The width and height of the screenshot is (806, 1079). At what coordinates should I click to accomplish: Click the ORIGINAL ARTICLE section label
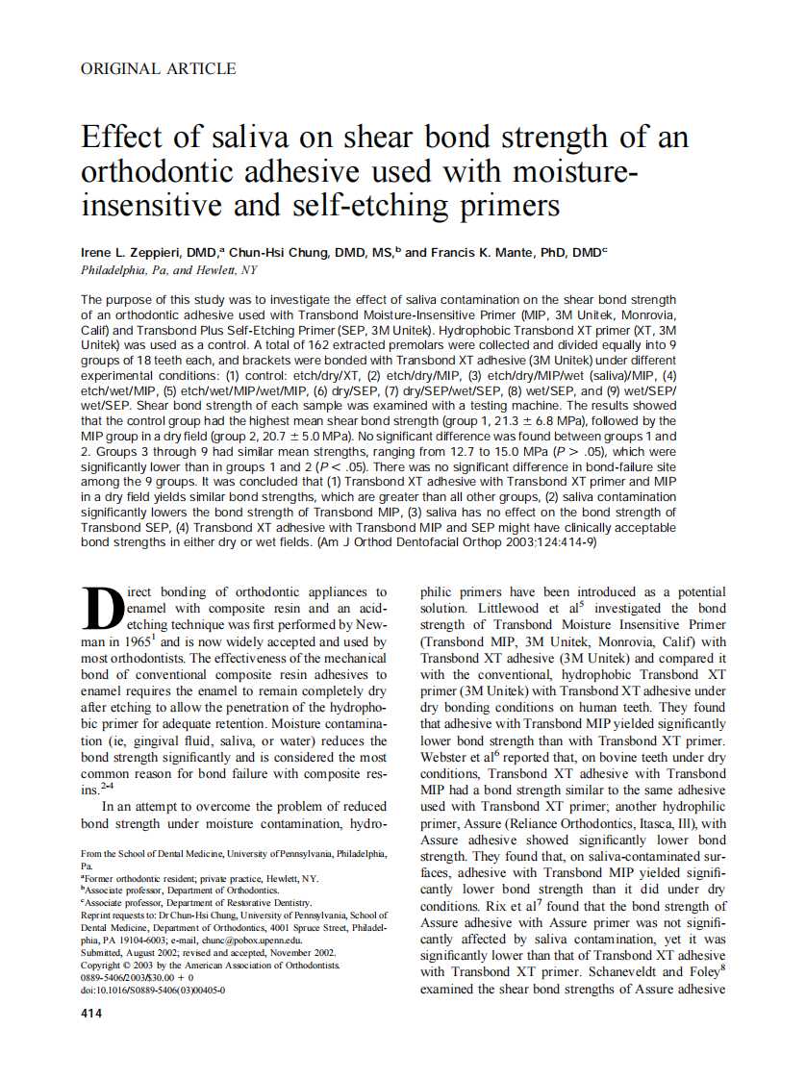pyautogui.click(x=158, y=68)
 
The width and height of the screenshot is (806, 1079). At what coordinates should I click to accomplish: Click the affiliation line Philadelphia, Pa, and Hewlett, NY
pyautogui.click(x=169, y=270)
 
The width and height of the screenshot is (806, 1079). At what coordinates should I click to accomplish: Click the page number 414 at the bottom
pyautogui.click(x=90, y=1014)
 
